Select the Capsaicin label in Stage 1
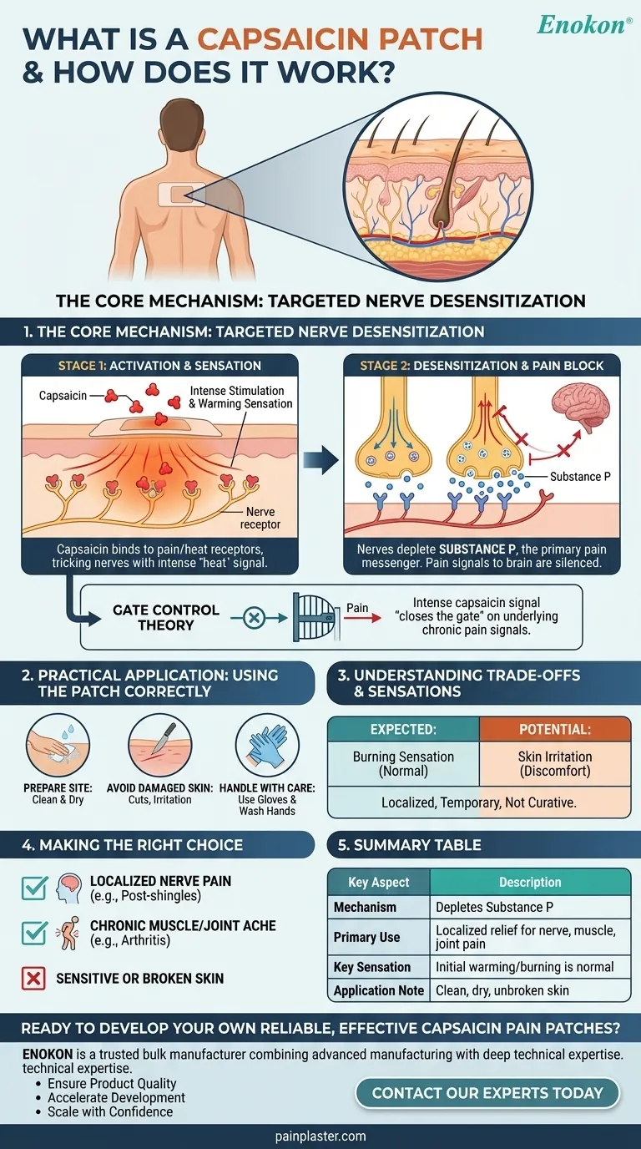[x=64, y=396]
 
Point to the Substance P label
[x=575, y=476]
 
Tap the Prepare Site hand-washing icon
[x=58, y=747]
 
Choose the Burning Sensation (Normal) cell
[x=404, y=763]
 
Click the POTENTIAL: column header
[x=555, y=729]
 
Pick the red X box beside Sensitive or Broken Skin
[x=33, y=978]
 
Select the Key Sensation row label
[x=372, y=967]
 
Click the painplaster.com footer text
[x=320, y=1136]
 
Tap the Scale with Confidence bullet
[x=110, y=1112]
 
